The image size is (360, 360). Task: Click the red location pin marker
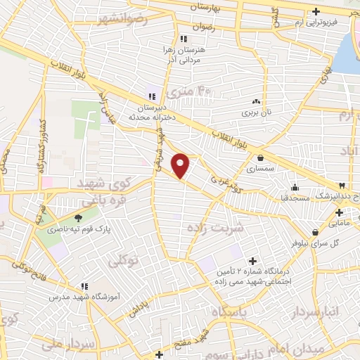click(x=181, y=165)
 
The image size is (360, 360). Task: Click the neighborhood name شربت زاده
click(x=215, y=229)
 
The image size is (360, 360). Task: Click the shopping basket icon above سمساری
click(x=262, y=158)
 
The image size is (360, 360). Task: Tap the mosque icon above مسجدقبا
click(x=295, y=186)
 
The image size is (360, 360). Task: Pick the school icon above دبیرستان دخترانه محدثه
click(x=150, y=96)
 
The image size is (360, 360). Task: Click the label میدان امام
click(x=316, y=349)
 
